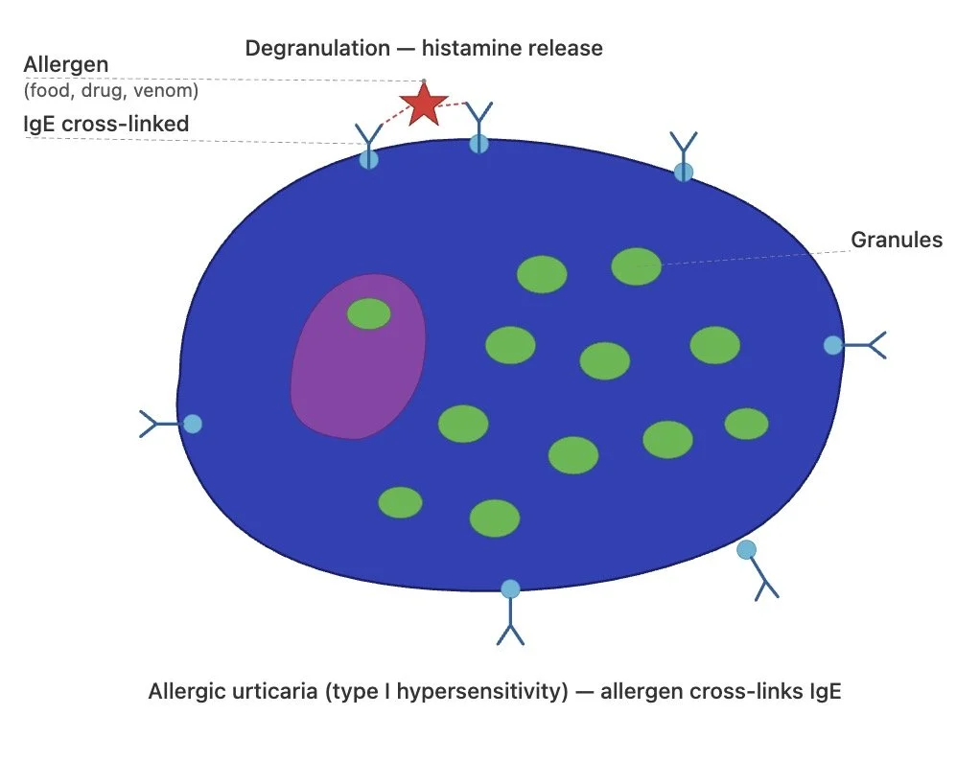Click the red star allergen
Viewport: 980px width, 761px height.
[423, 104]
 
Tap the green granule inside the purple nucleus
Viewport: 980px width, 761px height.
[368, 313]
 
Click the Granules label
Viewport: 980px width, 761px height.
[897, 240]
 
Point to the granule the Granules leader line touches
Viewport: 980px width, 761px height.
[636, 266]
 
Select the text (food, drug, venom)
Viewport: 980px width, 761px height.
[112, 92]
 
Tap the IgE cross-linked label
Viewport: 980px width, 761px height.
[105, 125]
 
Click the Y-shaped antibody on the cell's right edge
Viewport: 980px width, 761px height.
[867, 344]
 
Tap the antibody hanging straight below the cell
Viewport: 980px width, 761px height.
[510, 623]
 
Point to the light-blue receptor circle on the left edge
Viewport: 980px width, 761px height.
[193, 424]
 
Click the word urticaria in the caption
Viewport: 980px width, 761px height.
[259, 691]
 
